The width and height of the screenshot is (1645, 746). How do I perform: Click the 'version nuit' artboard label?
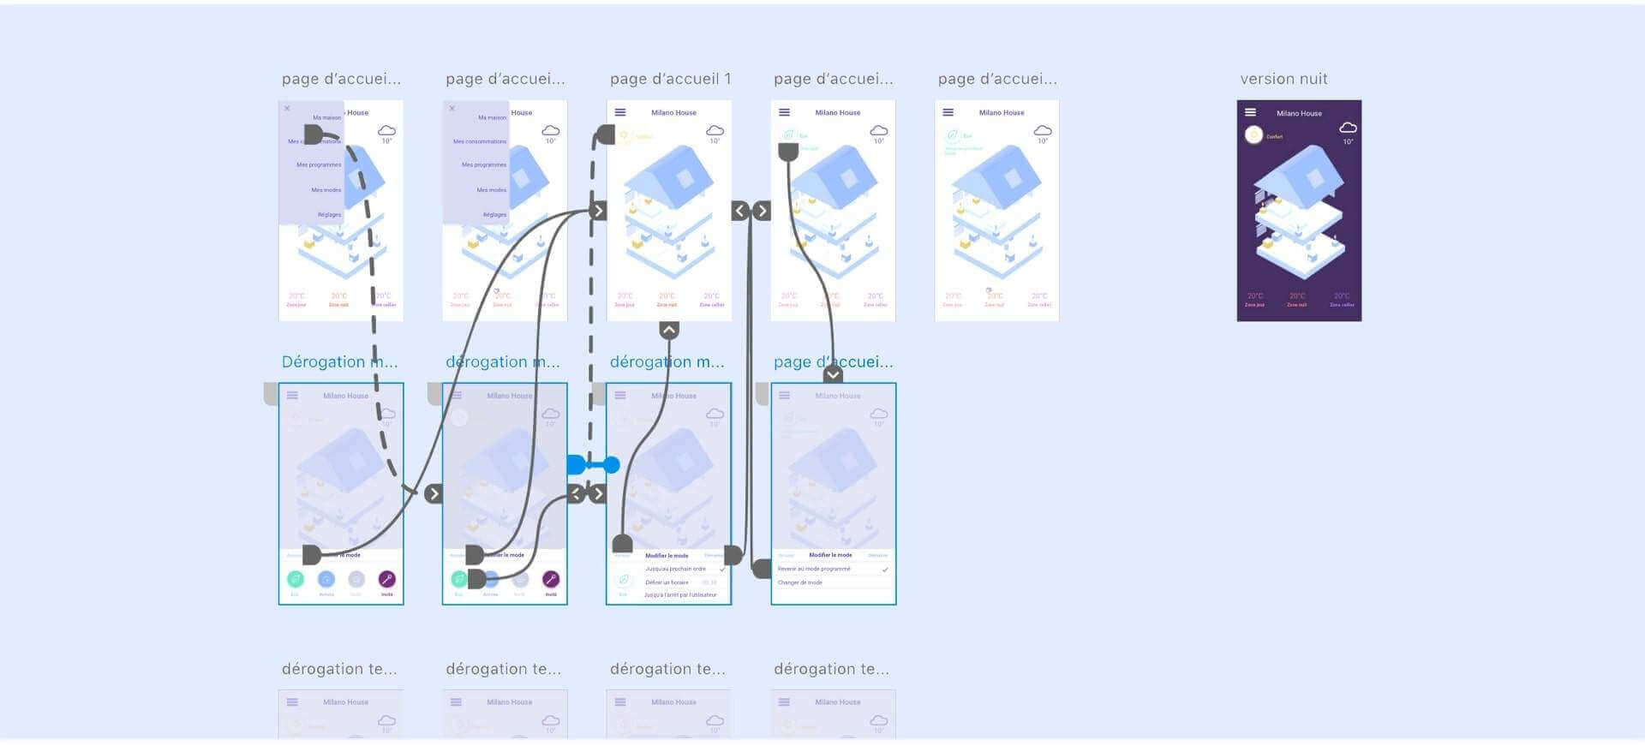click(1283, 79)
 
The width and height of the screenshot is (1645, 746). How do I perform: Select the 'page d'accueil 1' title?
click(670, 79)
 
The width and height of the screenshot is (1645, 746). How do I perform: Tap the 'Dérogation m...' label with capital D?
click(339, 361)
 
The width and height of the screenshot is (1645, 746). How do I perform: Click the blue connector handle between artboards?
click(593, 465)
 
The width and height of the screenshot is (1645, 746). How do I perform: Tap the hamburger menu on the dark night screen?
click(1250, 112)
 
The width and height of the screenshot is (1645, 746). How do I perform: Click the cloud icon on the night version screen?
click(1348, 128)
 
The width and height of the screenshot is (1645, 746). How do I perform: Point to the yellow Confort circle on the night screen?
click(1253, 134)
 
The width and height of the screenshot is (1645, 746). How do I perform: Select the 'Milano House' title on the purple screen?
click(1299, 113)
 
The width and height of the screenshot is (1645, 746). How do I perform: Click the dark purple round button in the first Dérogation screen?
click(386, 579)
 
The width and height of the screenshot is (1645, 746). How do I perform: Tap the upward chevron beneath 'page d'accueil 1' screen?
click(669, 330)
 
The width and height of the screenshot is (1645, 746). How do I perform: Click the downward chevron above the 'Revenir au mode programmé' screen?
click(833, 374)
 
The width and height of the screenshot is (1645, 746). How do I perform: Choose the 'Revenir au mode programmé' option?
click(814, 569)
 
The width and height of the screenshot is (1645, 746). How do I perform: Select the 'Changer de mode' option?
click(800, 582)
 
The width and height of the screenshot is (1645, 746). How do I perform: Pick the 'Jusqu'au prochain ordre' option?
click(675, 569)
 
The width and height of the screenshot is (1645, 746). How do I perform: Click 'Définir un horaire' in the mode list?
click(667, 582)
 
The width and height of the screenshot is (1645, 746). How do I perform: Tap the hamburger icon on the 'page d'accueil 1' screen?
click(620, 112)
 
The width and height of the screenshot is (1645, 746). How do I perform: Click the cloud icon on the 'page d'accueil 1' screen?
click(715, 130)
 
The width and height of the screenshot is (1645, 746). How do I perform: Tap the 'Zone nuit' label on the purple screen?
click(1297, 305)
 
